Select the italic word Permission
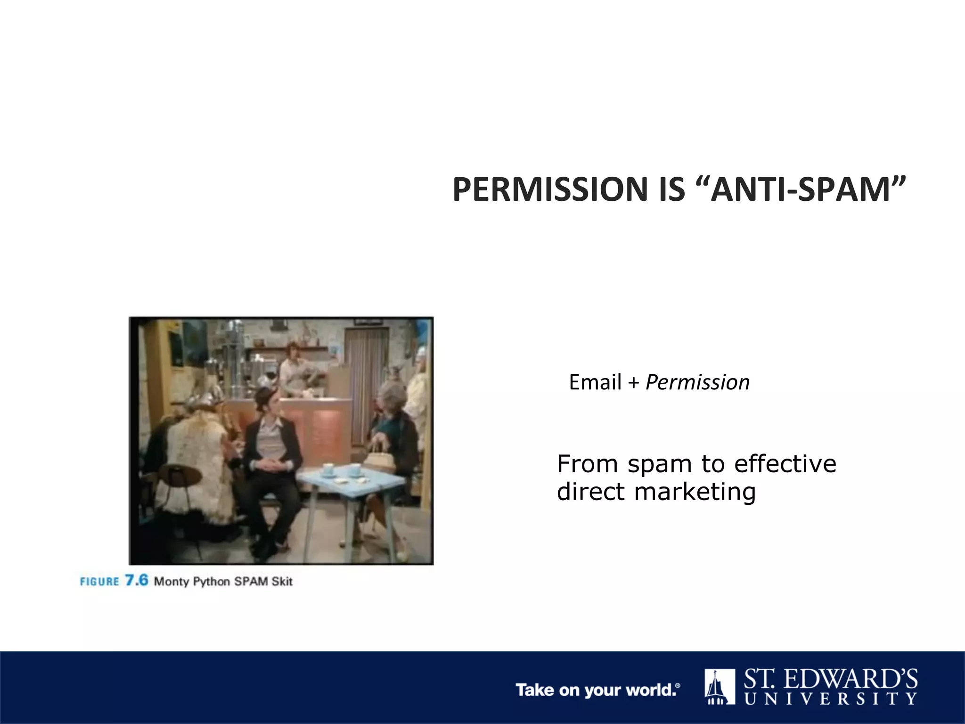(x=697, y=382)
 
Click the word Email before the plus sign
(x=595, y=382)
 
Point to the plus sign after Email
(x=633, y=383)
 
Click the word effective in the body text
(x=785, y=464)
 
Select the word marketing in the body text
(x=695, y=492)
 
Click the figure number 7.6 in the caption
(x=137, y=580)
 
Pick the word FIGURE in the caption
(x=99, y=582)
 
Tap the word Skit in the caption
(x=282, y=581)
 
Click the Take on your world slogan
(x=597, y=690)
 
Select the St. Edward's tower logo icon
(x=720, y=686)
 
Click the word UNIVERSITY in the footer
(x=831, y=699)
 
